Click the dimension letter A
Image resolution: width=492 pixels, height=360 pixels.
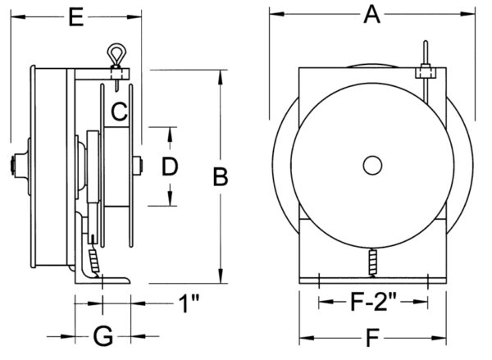click(373, 13)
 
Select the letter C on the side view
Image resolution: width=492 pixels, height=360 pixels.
click(119, 109)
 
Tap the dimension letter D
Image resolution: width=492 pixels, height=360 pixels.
click(170, 167)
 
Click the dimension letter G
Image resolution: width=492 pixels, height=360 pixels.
click(102, 335)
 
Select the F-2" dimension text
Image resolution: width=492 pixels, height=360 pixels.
click(373, 302)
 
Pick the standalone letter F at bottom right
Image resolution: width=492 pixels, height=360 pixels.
click(373, 335)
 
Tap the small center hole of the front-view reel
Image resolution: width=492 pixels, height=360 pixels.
click(372, 165)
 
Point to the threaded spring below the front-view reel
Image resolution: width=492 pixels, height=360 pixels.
click(373, 263)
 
